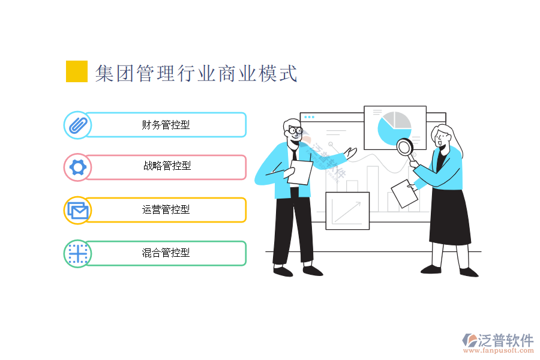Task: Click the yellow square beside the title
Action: (76, 71)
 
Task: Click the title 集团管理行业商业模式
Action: (196, 73)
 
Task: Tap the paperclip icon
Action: (78, 125)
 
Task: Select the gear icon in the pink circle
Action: (78, 167)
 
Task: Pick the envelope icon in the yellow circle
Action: (78, 211)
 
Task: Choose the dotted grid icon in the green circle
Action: (78, 254)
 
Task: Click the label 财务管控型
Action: (166, 125)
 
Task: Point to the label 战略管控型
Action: (167, 166)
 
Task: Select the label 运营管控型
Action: (166, 209)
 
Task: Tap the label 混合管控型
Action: (166, 253)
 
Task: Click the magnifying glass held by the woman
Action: (406, 150)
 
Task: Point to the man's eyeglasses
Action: (295, 131)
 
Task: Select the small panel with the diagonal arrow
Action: (347, 211)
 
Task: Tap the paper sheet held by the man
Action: (300, 172)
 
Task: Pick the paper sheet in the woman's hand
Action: (404, 194)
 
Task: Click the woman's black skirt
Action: (450, 217)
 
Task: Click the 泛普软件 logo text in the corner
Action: (505, 340)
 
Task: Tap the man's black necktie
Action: (294, 155)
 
